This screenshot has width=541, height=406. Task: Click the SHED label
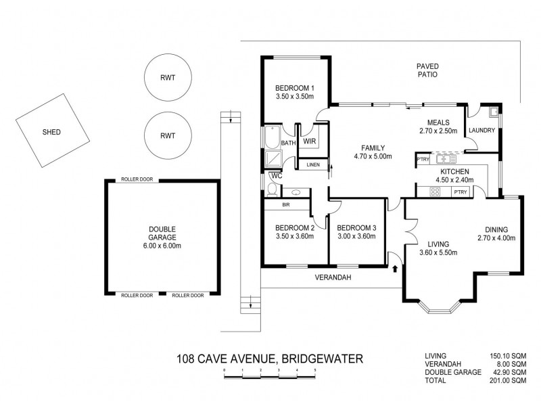coord(51,132)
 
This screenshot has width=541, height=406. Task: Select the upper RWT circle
coord(167,78)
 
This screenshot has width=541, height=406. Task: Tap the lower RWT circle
coord(167,136)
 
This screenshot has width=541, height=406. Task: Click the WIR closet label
coord(310,141)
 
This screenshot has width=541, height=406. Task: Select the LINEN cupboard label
coord(313,164)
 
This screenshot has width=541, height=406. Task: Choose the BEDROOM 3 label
coord(356,232)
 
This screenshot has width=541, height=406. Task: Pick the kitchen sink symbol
coord(447,159)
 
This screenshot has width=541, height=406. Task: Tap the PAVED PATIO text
coord(427,70)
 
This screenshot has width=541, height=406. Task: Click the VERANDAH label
coord(331,276)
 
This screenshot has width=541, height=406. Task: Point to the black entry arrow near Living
coord(395,269)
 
